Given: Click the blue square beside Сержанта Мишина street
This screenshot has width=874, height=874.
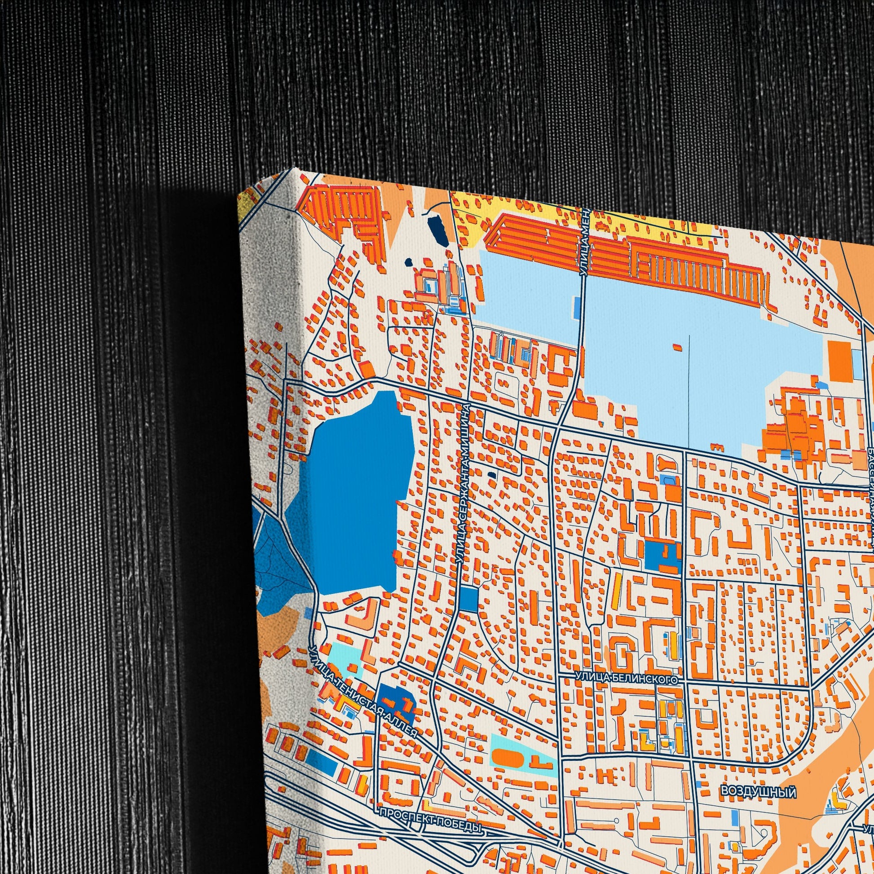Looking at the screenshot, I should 469,599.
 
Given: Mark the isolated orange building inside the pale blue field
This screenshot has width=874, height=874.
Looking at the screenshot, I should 677,347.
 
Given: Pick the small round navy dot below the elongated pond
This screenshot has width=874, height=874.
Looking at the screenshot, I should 409,262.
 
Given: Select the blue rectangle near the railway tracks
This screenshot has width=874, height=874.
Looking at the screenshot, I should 323,764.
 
